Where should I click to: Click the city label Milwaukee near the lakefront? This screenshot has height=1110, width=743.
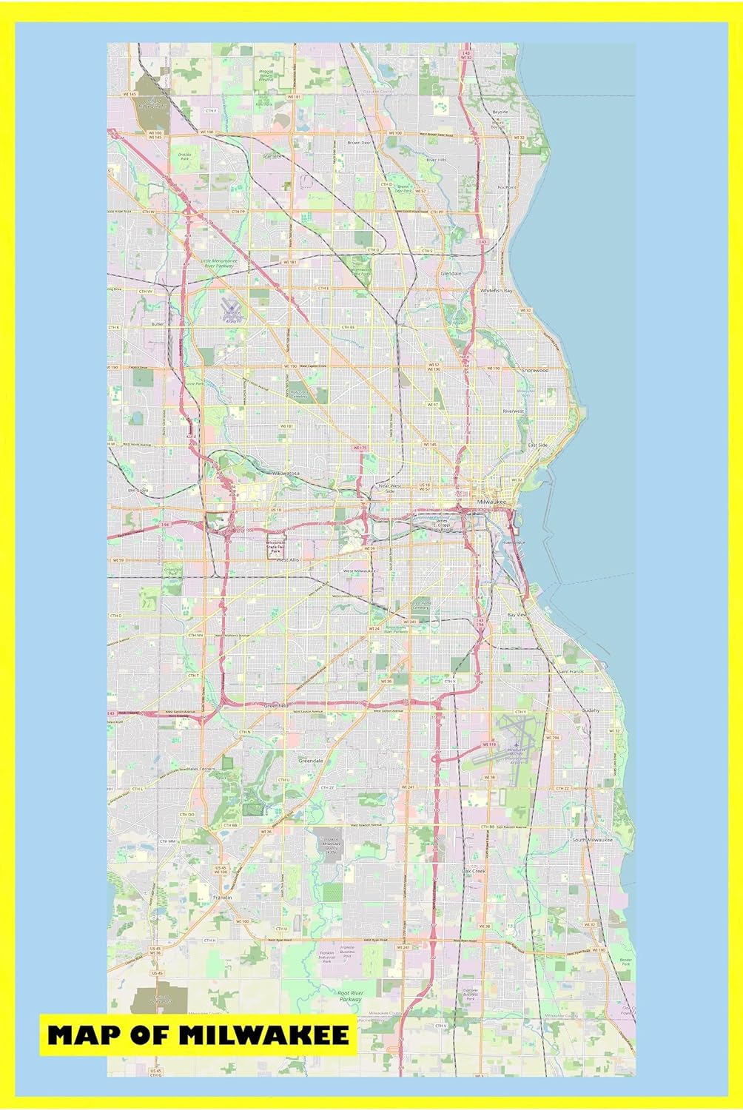point(491,502)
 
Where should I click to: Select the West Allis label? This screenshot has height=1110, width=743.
point(287,560)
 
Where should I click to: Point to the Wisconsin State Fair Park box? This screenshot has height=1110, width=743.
point(275,546)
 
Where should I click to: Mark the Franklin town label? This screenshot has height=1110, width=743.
point(222,897)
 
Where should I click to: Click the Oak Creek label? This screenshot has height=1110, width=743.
point(473,871)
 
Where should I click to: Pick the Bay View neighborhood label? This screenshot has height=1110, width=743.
point(516,615)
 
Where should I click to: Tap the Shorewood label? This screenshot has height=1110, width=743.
point(534,369)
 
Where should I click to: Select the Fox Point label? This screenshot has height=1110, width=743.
point(506,188)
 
